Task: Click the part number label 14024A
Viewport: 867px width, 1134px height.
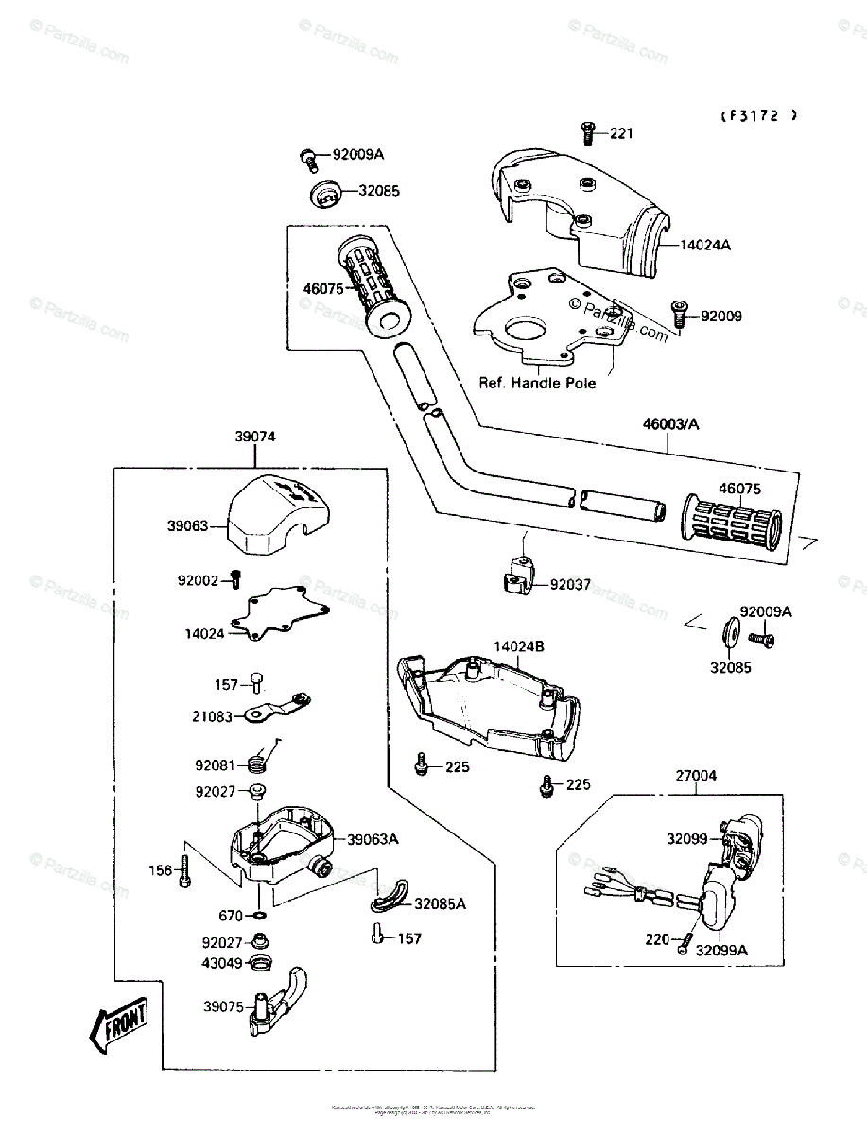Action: pyautogui.click(x=705, y=245)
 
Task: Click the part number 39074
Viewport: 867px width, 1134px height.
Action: pyautogui.click(x=255, y=437)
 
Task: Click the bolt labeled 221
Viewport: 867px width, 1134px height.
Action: pyautogui.click(x=587, y=134)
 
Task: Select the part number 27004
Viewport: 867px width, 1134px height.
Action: pyautogui.click(x=696, y=775)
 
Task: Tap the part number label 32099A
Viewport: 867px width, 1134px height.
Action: pyautogui.click(x=721, y=951)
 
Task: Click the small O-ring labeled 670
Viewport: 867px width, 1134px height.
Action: pyautogui.click(x=258, y=915)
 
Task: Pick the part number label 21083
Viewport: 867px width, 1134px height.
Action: pyautogui.click(x=212, y=717)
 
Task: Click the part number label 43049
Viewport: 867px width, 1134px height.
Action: pyautogui.click(x=221, y=963)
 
